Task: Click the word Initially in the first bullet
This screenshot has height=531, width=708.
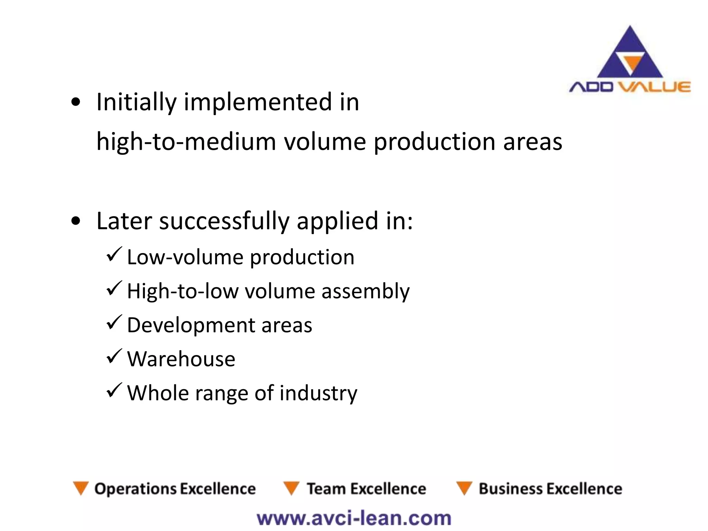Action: (136, 102)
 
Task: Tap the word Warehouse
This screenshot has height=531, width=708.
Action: (181, 359)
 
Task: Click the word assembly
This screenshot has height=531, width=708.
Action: (365, 291)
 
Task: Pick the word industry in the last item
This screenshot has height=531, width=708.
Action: (318, 393)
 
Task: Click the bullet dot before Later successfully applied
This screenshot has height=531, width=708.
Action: (75, 221)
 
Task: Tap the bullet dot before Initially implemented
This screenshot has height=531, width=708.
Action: (75, 102)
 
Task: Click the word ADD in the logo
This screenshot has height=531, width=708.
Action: (591, 87)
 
